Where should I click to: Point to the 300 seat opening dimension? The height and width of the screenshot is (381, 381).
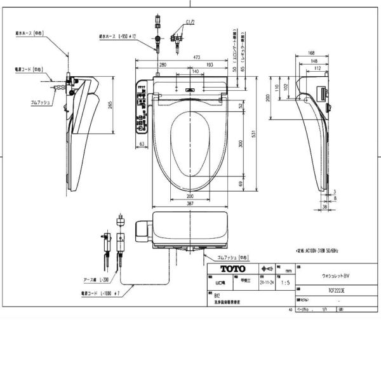240,144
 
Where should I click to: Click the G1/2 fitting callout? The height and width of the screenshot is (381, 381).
189,23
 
